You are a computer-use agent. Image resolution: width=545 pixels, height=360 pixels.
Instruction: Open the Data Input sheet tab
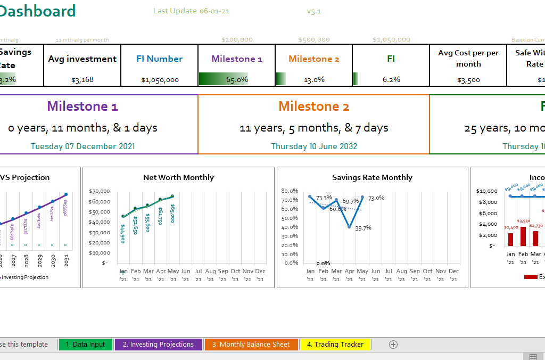pyautogui.click(x=86, y=345)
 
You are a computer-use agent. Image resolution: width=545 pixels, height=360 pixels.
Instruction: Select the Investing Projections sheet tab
pyautogui.click(x=158, y=345)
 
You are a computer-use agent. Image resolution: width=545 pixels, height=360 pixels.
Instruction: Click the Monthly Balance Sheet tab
pyautogui.click(x=251, y=345)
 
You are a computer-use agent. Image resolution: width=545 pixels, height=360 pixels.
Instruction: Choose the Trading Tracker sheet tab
pyautogui.click(x=335, y=345)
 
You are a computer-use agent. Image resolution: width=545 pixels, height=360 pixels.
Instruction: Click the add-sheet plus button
pyautogui.click(x=393, y=345)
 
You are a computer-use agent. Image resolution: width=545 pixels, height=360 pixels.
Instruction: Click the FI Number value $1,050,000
pyautogui.click(x=160, y=80)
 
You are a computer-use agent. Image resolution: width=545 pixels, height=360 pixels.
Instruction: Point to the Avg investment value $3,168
pyautogui.click(x=82, y=80)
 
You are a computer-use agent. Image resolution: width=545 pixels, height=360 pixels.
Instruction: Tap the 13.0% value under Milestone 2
pyautogui.click(x=314, y=79)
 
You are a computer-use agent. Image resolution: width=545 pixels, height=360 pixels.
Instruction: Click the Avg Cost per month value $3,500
pyautogui.click(x=468, y=80)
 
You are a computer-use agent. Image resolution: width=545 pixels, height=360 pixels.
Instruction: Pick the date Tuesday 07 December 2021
pyautogui.click(x=82, y=146)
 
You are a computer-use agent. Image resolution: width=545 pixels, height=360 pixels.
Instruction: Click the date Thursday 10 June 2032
pyautogui.click(x=314, y=146)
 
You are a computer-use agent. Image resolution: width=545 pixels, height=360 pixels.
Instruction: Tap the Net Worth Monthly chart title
pyautogui.click(x=178, y=177)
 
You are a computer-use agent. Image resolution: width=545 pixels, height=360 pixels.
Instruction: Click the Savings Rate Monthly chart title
pyautogui.click(x=372, y=177)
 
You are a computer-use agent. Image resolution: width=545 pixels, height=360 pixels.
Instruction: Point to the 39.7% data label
pyautogui.click(x=362, y=228)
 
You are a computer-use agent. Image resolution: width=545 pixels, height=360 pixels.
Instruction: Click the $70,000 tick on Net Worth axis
pyautogui.click(x=99, y=191)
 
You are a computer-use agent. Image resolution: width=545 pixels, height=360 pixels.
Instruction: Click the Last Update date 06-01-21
pyautogui.click(x=214, y=11)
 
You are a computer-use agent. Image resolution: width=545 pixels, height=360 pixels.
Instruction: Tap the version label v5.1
pyautogui.click(x=314, y=11)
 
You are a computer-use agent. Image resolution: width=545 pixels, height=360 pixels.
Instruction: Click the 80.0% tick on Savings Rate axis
pyautogui.click(x=290, y=191)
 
